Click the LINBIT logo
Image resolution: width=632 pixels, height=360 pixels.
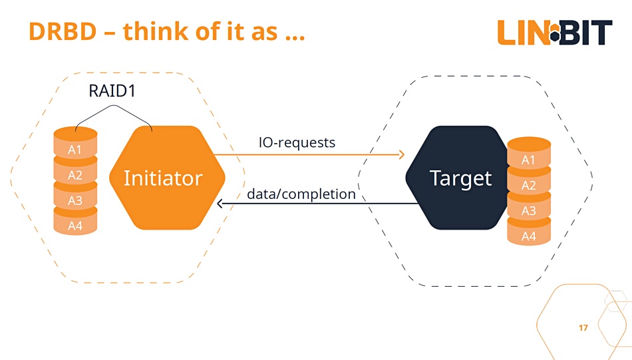[555, 32]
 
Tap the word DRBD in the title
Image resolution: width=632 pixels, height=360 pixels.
[63, 31]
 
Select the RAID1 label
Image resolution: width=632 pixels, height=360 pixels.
[112, 90]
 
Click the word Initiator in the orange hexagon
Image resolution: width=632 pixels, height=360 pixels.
[163, 178]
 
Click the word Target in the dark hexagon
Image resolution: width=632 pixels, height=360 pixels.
[461, 178]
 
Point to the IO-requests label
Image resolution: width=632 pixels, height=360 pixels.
[297, 142]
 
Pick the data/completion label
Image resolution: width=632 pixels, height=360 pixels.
[301, 194]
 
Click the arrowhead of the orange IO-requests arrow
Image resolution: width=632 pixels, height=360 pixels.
[402, 154]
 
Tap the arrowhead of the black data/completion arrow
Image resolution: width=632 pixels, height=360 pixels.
[220, 204]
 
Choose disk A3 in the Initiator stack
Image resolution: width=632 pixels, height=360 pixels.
[75, 197]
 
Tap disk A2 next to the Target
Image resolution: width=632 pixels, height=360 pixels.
[529, 182]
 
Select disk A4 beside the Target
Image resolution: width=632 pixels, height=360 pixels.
[529, 233]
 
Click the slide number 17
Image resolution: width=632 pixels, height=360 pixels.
[583, 328]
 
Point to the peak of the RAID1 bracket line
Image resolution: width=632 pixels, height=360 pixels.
[114, 106]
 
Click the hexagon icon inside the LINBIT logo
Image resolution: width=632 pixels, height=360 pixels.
[555, 32]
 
